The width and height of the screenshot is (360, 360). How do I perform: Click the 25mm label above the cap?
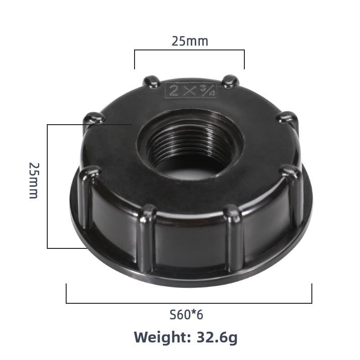click(189, 41)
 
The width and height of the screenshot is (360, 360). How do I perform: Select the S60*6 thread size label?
click(186, 315)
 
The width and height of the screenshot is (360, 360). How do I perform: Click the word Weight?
click(162, 337)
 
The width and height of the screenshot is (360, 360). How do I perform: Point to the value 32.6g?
click(216, 337)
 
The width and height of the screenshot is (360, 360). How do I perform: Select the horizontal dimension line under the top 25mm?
click(189, 50)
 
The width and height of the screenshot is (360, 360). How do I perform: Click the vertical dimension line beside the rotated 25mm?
click(47, 186)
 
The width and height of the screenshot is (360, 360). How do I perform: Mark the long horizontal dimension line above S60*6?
click(189, 303)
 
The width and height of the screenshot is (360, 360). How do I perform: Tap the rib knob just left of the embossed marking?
click(151, 82)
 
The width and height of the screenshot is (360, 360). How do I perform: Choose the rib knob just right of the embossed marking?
click(229, 81)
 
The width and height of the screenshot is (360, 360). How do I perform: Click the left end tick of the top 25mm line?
click(135, 59)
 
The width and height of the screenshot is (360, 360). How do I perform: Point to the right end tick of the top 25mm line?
click(244, 59)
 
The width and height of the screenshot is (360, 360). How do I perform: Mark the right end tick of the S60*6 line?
click(311, 293)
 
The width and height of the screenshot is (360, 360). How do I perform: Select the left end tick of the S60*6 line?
click(67, 293)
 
